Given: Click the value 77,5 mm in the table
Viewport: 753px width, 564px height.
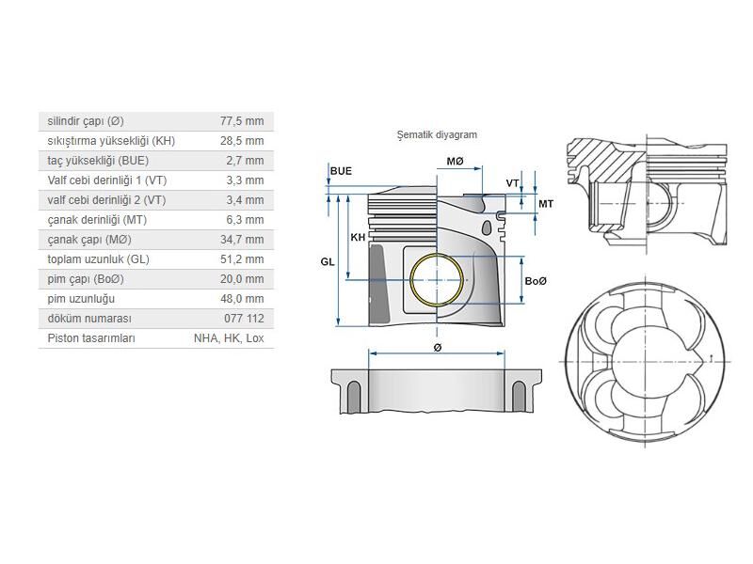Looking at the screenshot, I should (241, 121).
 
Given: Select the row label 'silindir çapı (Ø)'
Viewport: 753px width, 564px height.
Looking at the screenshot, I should (86, 121).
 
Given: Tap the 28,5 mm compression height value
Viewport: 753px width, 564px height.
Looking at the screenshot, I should (241, 141).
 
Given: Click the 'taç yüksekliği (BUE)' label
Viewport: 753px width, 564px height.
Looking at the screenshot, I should (98, 161).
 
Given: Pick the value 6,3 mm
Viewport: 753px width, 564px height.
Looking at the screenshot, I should (245, 220).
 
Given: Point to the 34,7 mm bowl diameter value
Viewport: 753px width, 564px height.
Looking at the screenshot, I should (241, 240).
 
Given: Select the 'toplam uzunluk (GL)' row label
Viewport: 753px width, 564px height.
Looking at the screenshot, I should (98, 259).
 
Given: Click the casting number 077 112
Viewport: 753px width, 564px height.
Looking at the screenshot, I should (244, 319).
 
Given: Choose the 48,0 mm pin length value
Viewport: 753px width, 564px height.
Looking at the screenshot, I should (241, 299).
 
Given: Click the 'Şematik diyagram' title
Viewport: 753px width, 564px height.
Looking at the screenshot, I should (437, 134).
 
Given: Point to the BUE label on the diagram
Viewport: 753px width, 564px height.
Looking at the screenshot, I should (341, 171).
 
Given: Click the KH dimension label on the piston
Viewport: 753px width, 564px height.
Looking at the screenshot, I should (358, 238).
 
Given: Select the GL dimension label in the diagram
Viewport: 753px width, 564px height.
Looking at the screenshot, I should (328, 262).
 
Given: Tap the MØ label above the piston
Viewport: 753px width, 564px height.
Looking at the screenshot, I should (455, 162).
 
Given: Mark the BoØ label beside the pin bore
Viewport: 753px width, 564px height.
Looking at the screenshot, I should (536, 281).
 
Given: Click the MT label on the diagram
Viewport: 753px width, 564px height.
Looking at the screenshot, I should (546, 204).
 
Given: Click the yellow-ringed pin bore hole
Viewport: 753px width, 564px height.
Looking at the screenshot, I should (438, 280).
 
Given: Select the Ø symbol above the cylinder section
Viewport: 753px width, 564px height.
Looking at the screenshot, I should (438, 348).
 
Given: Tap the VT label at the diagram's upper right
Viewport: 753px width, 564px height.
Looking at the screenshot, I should (513, 182).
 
